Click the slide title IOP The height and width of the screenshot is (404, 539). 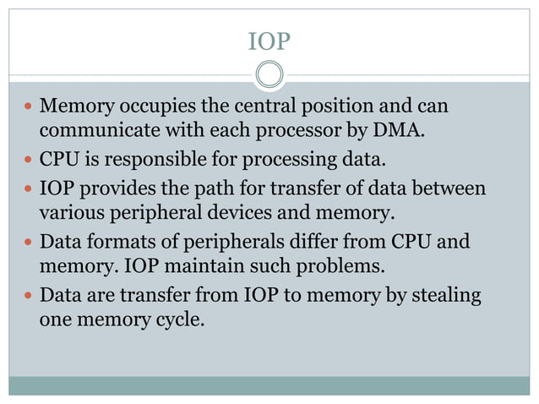tap(269, 41)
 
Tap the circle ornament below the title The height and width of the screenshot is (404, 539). tap(269, 74)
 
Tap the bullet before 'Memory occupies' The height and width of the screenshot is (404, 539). tap(27, 108)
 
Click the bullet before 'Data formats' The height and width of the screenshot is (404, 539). tap(27, 243)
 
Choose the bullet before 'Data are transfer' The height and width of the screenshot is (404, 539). tap(27, 296)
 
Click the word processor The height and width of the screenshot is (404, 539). tap(301, 133)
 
